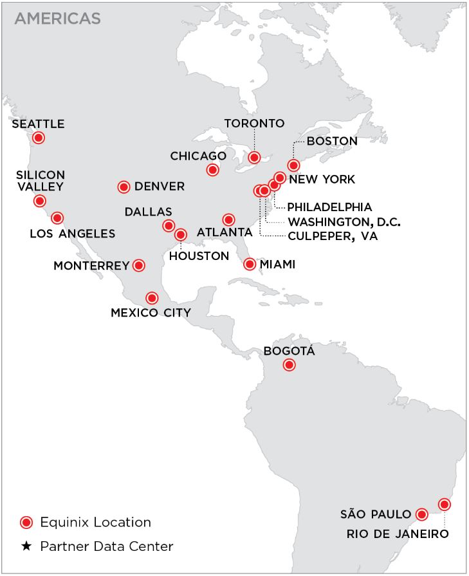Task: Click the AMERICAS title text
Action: click(57, 19)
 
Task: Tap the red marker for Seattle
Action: click(39, 138)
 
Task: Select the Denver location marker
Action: click(124, 187)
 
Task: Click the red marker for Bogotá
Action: click(289, 366)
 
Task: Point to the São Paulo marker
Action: click(421, 514)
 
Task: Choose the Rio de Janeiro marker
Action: click(443, 504)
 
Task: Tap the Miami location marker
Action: click(250, 264)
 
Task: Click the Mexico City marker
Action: click(151, 298)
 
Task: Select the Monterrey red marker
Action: click(138, 265)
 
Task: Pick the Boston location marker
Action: click(293, 165)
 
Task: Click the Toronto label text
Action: click(254, 123)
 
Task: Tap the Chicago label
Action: click(198, 156)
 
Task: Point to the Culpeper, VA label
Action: click(333, 237)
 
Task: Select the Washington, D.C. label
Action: click(344, 222)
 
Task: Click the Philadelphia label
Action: click(329, 207)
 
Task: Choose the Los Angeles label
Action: click(72, 234)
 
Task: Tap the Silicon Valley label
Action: click(41, 181)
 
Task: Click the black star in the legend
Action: click(26, 546)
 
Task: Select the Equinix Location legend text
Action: click(95, 522)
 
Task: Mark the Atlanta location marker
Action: click(228, 220)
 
